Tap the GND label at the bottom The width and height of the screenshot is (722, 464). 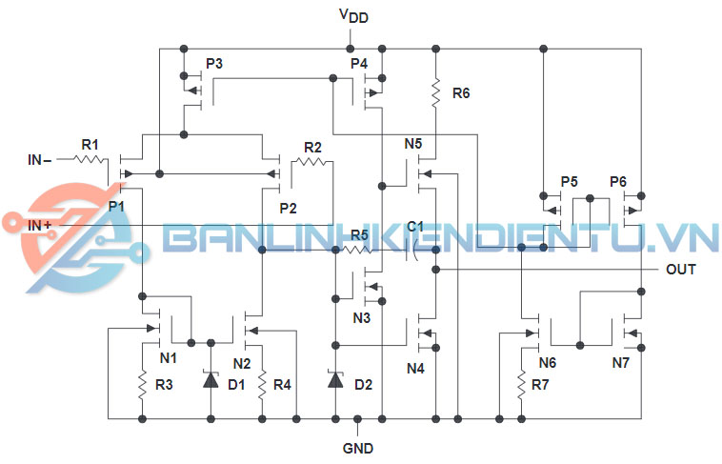tap(358, 448)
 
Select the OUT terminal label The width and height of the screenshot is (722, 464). tap(681, 270)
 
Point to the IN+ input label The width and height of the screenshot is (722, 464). tap(40, 225)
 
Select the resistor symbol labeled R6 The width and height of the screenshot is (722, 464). tap(435, 93)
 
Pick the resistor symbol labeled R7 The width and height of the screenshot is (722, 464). tap(522, 384)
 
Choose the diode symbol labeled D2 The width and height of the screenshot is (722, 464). tap(334, 379)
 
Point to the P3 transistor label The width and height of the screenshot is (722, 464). tap(214, 64)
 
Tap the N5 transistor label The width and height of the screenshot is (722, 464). tap(413, 144)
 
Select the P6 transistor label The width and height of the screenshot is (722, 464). tap(619, 181)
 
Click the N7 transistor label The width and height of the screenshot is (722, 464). tap(621, 363)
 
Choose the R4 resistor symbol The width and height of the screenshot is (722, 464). tap(261, 384)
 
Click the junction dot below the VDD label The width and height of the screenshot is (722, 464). tap(351, 48)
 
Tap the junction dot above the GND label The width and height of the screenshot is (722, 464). tap(358, 418)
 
